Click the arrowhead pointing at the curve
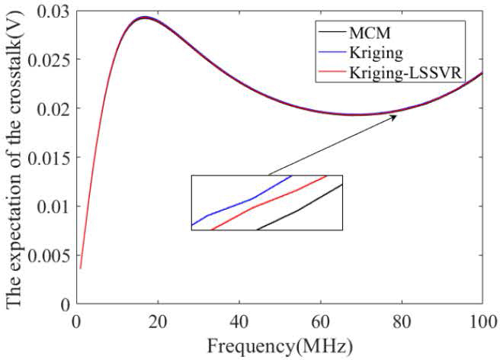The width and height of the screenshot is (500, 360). pyautogui.click(x=393, y=117)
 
